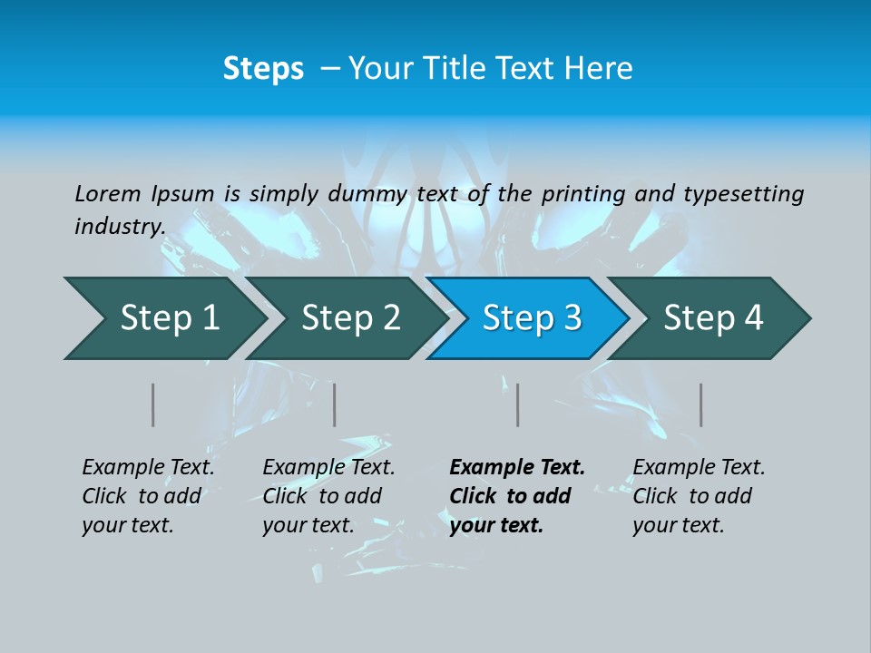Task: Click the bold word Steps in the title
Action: tap(263, 69)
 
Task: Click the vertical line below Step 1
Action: tap(153, 404)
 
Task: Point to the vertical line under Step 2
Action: tap(335, 404)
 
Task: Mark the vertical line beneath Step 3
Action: tap(517, 404)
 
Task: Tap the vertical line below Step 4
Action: tap(700, 404)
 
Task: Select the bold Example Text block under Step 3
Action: tap(517, 496)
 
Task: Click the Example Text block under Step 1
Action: tap(148, 496)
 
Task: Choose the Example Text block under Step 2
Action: tap(328, 496)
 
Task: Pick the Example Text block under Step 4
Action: tap(699, 496)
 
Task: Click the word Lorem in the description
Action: tap(108, 193)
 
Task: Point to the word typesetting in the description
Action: tap(743, 194)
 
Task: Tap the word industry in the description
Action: tap(119, 226)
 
